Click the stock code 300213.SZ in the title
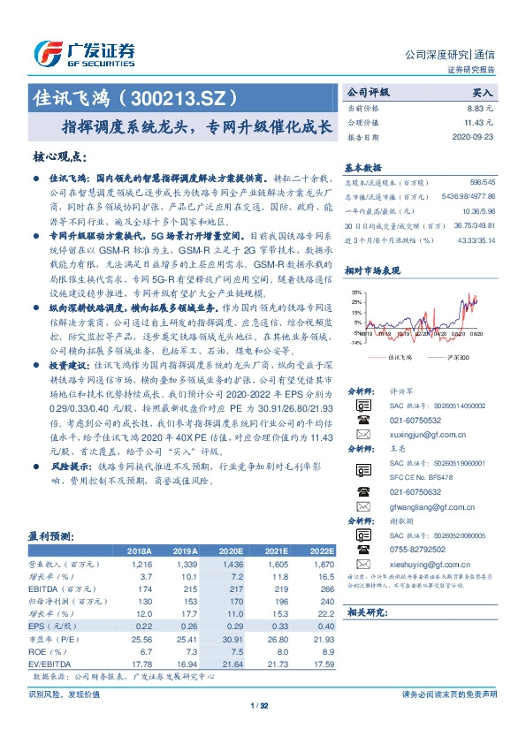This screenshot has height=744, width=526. coord(189,94)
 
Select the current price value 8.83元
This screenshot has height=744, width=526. coord(481,107)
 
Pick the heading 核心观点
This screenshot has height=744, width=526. coord(59,156)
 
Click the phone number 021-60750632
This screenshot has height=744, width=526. coord(416,491)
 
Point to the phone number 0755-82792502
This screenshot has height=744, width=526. coord(418,550)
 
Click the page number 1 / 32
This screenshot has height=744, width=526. coord(263,705)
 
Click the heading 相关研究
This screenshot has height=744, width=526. coord(363,611)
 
